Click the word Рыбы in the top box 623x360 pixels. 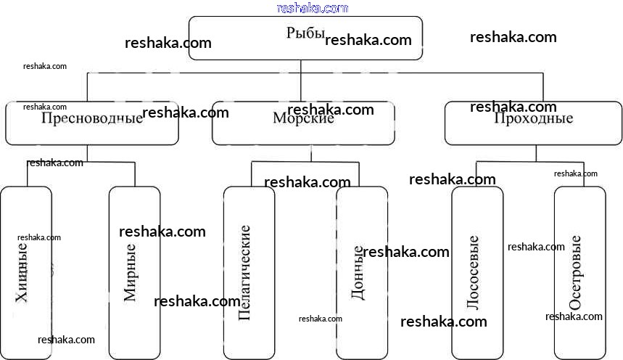pos(305,34)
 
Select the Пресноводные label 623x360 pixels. pos(92,118)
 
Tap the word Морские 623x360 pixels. pos(303,118)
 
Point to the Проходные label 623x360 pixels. pos(533,118)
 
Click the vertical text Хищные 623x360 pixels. pos(22,271)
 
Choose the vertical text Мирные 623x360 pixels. pos(131,272)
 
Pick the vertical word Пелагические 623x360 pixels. pos(244,272)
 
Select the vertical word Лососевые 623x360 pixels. pos(473,272)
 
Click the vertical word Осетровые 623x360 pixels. pos(576,272)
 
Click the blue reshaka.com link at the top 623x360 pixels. pos(313,8)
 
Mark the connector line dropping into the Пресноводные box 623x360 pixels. pos(87,87)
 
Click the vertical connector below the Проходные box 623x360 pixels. pos(537,152)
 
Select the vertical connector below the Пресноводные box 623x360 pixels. pos(87,153)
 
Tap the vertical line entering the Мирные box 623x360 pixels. pos(135,175)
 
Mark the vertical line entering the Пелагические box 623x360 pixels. pos(252,174)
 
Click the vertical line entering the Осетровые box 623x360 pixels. pos(580,174)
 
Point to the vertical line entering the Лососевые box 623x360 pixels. pos(476,174)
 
